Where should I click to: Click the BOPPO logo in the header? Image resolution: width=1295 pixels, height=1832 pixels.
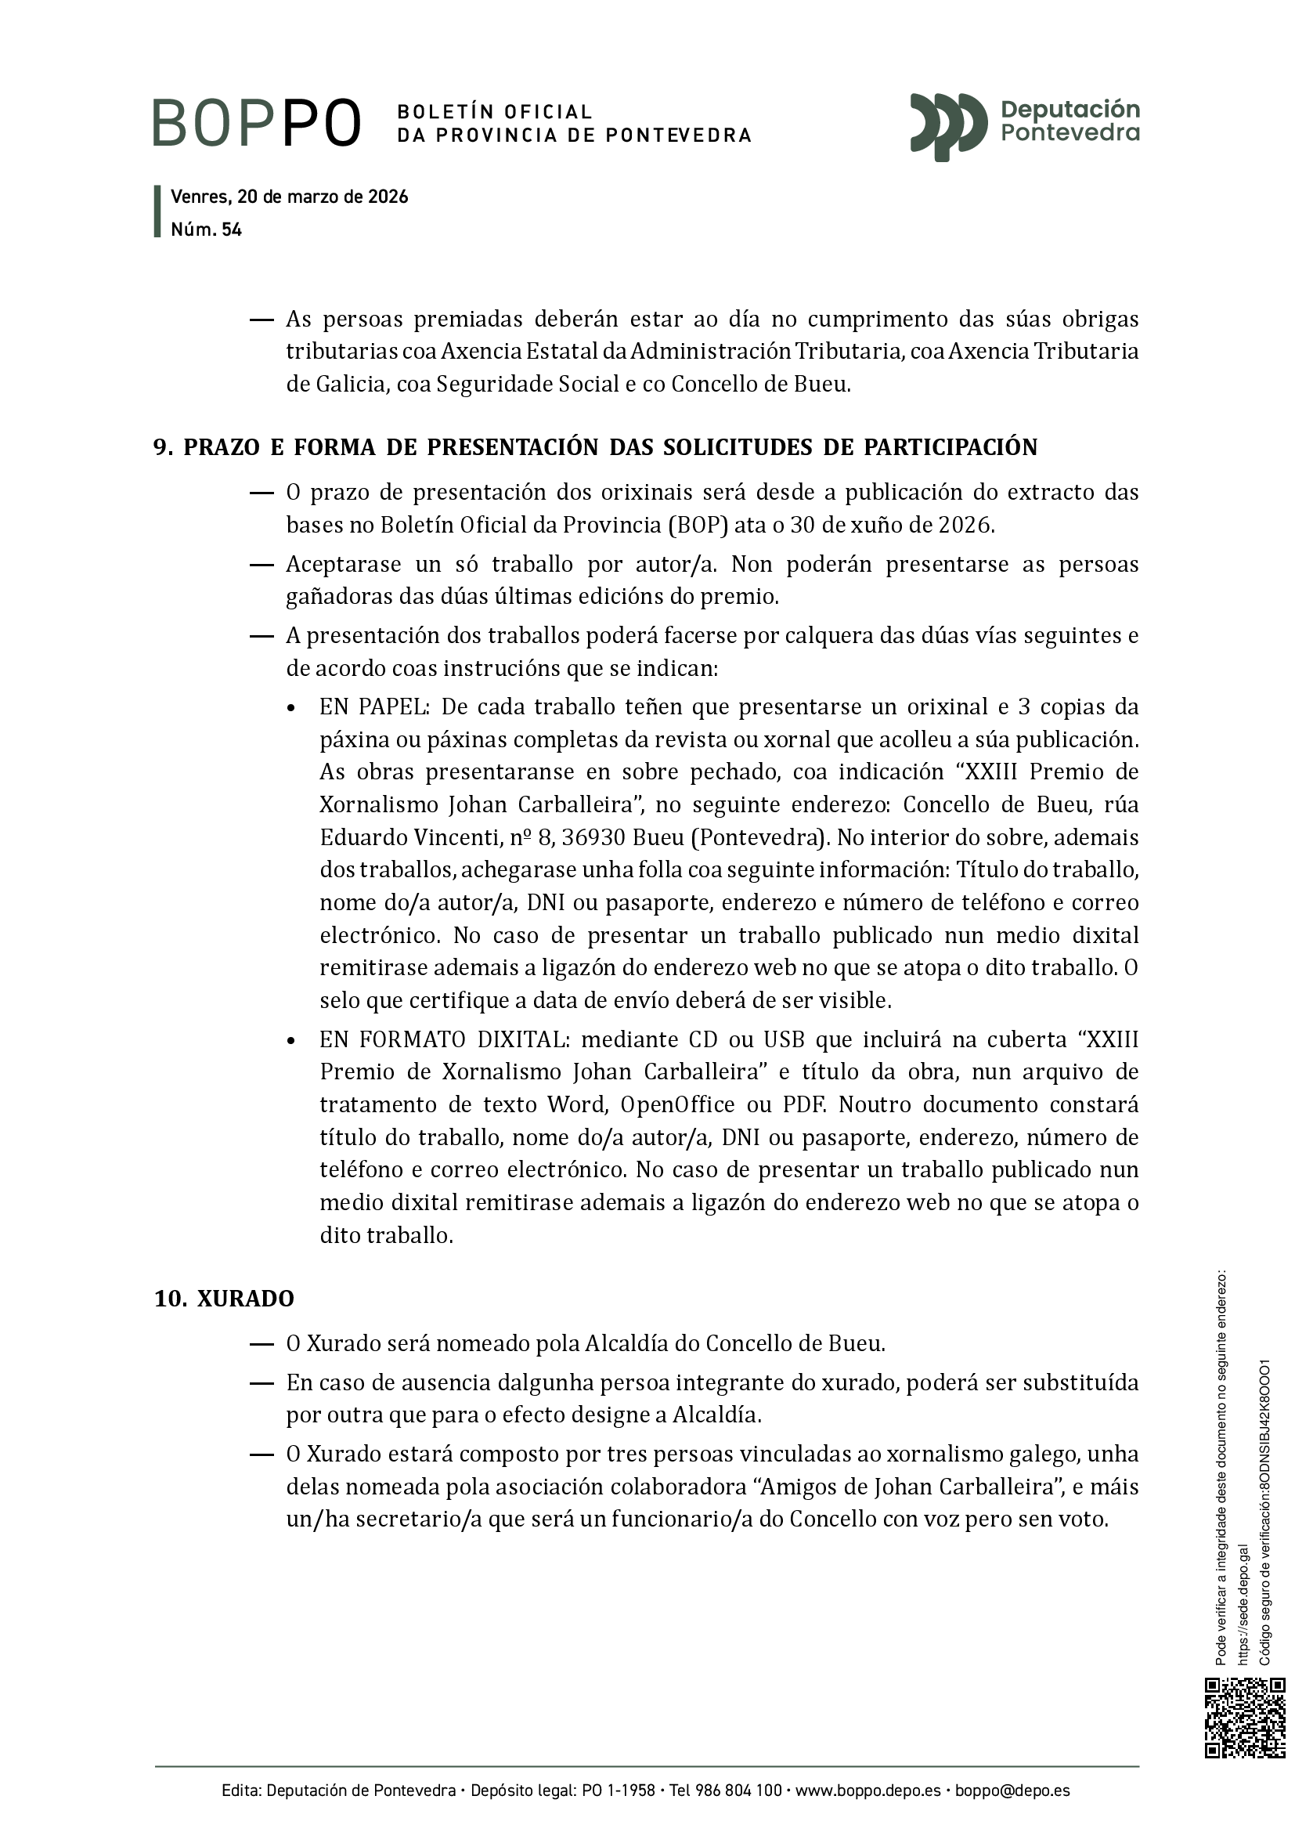click(x=257, y=123)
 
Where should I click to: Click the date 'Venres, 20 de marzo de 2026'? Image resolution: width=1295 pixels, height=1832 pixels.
click(x=290, y=197)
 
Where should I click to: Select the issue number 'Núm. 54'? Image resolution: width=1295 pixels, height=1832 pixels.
click(x=206, y=229)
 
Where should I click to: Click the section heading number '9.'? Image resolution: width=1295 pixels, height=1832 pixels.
click(x=163, y=448)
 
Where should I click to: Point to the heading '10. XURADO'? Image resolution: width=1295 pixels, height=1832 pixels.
click(x=224, y=1299)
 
